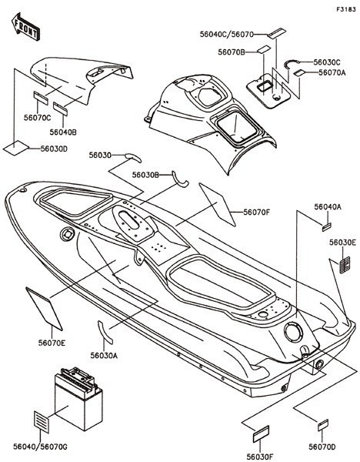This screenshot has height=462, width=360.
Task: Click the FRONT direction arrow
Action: click(x=25, y=26)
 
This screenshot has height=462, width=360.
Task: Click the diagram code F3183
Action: click(x=346, y=9)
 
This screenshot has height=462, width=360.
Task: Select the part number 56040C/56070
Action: click(x=227, y=35)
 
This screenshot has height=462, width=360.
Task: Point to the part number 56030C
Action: click(x=327, y=62)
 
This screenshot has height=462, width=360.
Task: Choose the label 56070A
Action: click(x=332, y=72)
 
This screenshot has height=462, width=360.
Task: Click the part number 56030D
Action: click(x=54, y=149)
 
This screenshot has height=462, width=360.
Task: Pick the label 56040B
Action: click(x=63, y=132)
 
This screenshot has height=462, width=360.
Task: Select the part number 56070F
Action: click(x=256, y=212)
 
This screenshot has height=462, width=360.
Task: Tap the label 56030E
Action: click(x=342, y=243)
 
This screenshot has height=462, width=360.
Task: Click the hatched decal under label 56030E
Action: click(x=345, y=265)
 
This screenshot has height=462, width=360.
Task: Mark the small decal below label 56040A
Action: click(x=326, y=227)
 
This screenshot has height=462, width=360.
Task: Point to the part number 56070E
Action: click(x=52, y=343)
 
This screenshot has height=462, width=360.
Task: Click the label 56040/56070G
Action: click(x=40, y=447)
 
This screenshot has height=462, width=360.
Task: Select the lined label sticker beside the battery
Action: click(x=42, y=422)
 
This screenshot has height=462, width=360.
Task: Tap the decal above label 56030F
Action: click(x=261, y=434)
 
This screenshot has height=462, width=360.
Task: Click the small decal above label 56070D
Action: click(x=323, y=425)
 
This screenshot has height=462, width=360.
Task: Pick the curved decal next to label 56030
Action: click(x=134, y=157)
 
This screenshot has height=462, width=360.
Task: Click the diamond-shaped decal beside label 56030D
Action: click(x=16, y=148)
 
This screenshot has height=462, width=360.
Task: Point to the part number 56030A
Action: click(x=104, y=356)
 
